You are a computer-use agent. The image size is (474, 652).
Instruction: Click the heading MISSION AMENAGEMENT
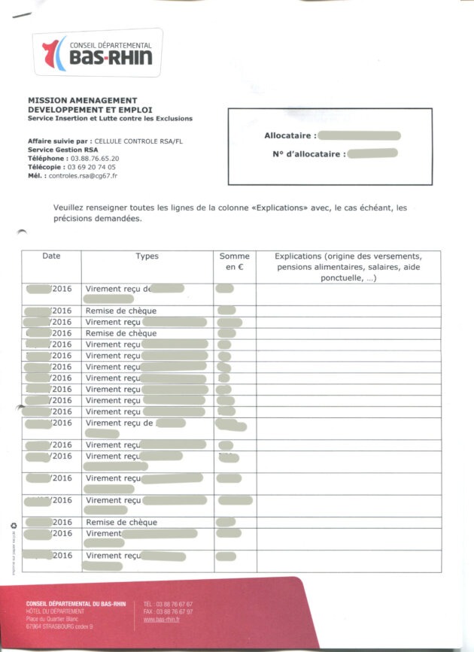pos(82,100)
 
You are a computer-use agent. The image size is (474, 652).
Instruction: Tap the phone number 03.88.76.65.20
pos(94,159)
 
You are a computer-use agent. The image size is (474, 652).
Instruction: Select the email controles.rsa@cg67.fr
pos(83,175)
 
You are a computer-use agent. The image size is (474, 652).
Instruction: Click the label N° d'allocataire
pos(308,153)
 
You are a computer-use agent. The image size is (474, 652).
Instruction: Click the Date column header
pos(51,256)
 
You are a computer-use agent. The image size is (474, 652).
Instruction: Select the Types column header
pos(147,256)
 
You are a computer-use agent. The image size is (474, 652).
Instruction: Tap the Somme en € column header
pos(234,262)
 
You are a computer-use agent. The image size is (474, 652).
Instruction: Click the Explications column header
pos(348,267)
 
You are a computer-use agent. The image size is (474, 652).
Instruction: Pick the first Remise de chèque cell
pos(121,311)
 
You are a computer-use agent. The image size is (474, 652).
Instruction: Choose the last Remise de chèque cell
pos(121,522)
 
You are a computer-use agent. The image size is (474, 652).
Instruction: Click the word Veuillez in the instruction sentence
pos(69,208)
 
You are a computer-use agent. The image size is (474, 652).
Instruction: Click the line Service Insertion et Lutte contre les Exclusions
pos(110,118)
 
